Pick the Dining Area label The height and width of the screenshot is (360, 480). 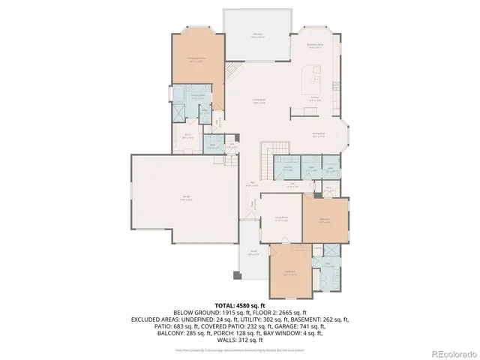tap(318, 134)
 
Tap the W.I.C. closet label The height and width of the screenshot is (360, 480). tap(190, 137)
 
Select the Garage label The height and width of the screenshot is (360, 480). tap(184, 198)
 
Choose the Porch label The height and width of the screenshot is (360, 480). tap(253, 253)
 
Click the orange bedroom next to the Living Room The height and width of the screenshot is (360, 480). tap(325, 220)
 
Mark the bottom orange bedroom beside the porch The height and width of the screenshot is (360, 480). tap(290, 272)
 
